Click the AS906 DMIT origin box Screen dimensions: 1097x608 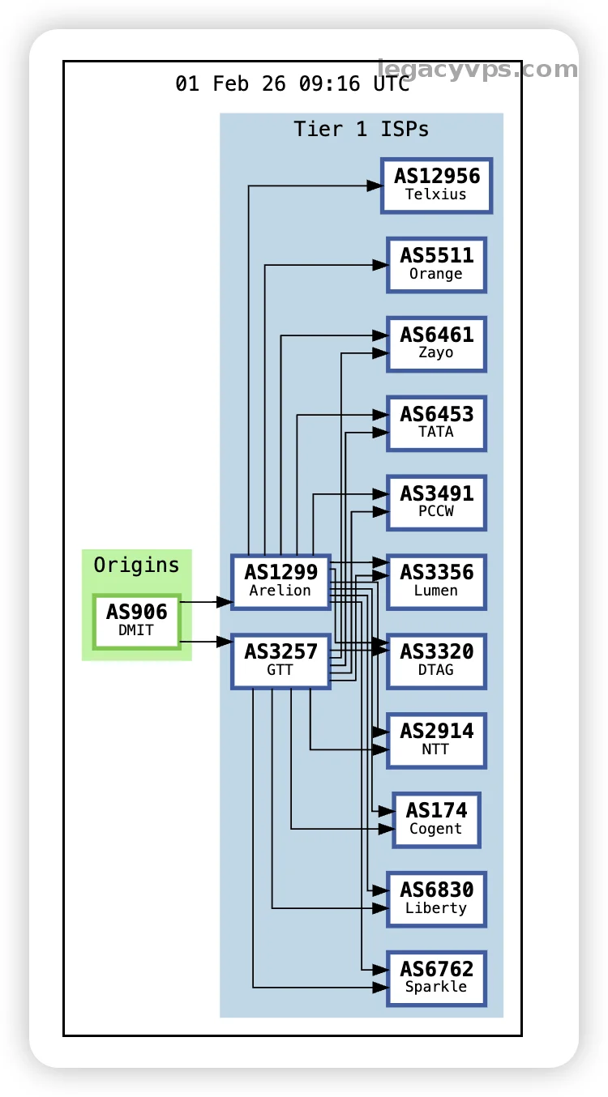click(x=136, y=621)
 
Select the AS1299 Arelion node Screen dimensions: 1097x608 click(x=280, y=581)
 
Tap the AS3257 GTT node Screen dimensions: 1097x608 click(x=280, y=660)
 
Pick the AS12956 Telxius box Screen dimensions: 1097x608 click(x=436, y=185)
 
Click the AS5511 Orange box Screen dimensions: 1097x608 click(x=436, y=264)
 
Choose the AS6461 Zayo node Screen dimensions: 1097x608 click(x=436, y=344)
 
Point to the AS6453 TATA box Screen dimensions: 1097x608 click(x=436, y=423)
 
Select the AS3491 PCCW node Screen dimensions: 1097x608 click(x=436, y=502)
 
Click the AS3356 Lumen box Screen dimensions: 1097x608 click(x=436, y=581)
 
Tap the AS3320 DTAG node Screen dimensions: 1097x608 click(x=436, y=660)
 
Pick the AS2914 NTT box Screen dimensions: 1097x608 click(x=436, y=740)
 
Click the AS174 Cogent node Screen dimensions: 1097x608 click(x=436, y=819)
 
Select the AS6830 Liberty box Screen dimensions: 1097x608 click(x=436, y=899)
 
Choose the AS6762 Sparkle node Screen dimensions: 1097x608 click(x=436, y=978)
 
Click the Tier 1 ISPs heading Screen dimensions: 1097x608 click(x=361, y=129)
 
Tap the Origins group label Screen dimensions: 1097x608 click(x=136, y=565)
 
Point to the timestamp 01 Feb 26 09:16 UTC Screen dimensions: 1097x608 click(x=293, y=83)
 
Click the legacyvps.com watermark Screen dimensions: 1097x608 click(x=477, y=70)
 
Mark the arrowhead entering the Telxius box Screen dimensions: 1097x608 click(x=374, y=186)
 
